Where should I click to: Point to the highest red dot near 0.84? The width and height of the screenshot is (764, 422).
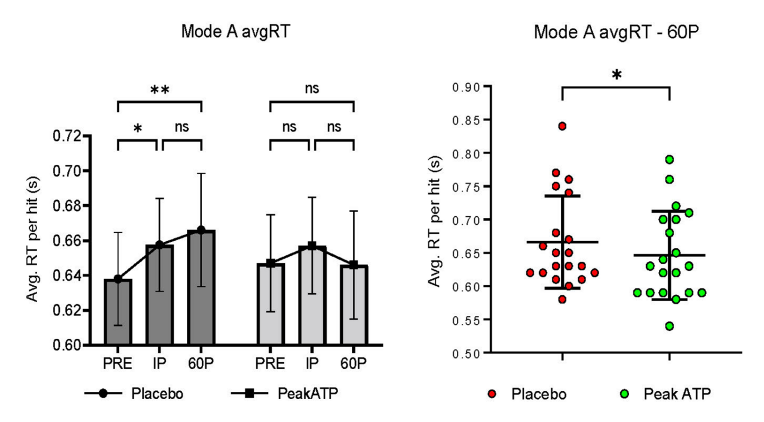[562, 126]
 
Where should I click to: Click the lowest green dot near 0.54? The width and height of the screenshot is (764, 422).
[669, 326]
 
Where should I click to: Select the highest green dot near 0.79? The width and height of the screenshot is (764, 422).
[669, 160]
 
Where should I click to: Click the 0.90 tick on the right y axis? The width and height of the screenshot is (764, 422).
[467, 86]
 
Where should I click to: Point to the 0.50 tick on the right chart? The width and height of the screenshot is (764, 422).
[467, 353]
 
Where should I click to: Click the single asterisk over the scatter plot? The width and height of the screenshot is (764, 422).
[616, 76]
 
